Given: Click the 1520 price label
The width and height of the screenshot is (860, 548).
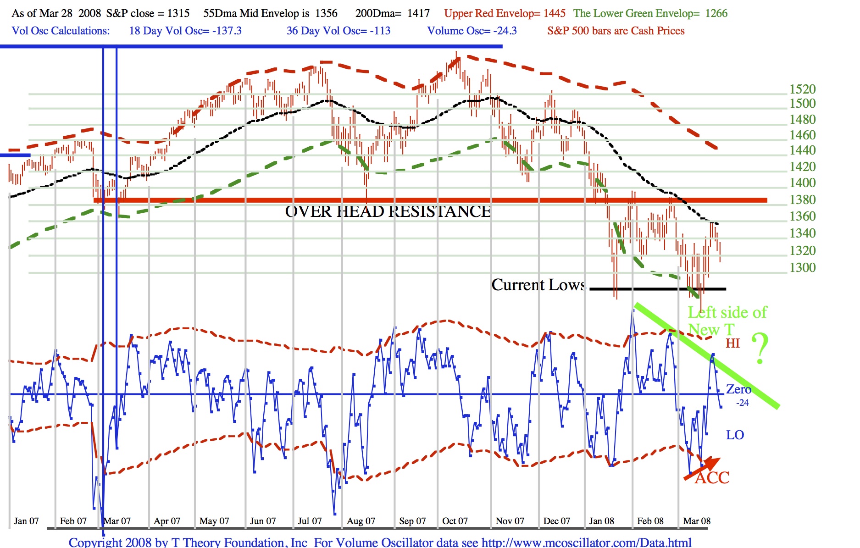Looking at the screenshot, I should coord(802,89).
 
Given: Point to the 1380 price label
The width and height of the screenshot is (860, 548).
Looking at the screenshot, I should coord(802,199).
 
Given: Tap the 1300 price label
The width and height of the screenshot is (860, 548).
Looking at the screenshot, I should coord(802,267).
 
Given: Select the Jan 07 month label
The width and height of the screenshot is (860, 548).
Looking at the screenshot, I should coord(26,521).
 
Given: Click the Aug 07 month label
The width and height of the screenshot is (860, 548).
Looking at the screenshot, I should coord(361,521).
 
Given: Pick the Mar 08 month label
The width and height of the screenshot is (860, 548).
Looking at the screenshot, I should coord(696,521).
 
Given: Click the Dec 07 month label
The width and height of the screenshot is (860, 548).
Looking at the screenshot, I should coord(556,521).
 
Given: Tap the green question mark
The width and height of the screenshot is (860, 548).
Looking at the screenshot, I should coord(760,349).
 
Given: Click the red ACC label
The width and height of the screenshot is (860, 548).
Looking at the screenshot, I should coord(712,478).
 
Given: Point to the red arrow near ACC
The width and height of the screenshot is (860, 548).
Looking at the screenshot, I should coord(702,469).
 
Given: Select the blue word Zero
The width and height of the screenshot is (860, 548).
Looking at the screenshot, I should coord(738,389).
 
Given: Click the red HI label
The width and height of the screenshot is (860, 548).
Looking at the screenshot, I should coord(732,343).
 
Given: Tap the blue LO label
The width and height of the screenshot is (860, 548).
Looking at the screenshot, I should coord(735,435).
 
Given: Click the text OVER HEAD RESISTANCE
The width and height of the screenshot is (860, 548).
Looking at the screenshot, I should coord(388,211).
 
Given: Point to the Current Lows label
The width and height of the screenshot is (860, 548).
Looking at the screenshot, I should coord(538,285).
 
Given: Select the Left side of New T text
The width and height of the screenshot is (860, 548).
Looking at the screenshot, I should coord(727,321).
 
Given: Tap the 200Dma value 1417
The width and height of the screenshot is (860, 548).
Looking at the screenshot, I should coord(419,13).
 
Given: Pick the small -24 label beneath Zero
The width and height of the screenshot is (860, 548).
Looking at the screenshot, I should coord(743,403).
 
